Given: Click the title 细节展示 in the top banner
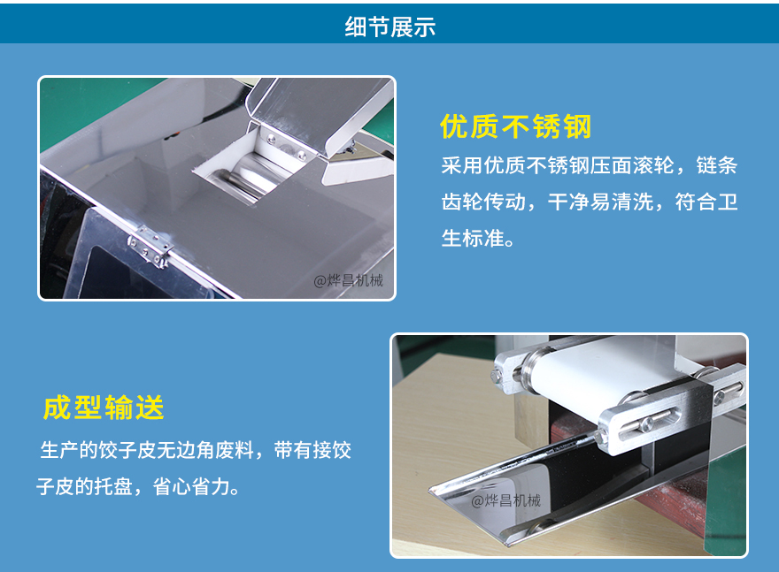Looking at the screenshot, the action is [390, 27].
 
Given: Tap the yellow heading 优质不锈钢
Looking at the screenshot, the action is [516, 126].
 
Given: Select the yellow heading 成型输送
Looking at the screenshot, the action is [104, 408].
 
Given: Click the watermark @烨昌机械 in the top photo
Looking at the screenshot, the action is [348, 281].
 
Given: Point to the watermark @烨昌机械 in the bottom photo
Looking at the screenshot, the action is [505, 500].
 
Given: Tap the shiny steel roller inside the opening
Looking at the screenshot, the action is [249, 175].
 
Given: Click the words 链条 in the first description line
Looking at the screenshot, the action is [716, 165].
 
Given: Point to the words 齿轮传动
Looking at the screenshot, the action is [483, 202].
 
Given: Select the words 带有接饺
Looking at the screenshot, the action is [312, 450].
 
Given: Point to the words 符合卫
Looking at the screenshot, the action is [706, 202].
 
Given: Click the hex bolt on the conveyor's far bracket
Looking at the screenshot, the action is [497, 375].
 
